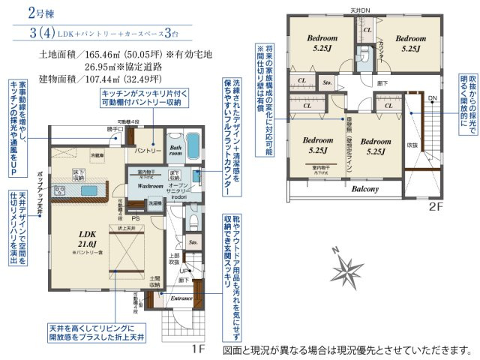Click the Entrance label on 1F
pos(181,298)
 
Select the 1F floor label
pos(197,348)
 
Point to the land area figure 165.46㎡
pos(97,55)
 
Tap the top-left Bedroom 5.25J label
pos(322,42)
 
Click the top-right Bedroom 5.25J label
pos(411,42)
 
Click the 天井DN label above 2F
pos(361,10)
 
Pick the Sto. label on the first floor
pos(193,242)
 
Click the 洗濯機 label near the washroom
pos(154,203)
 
